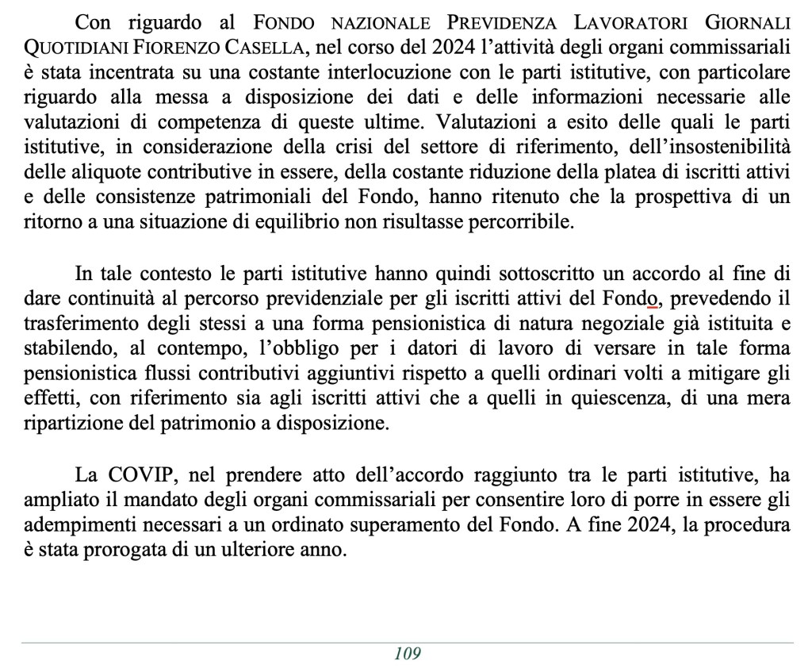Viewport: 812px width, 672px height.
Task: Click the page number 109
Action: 406,654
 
